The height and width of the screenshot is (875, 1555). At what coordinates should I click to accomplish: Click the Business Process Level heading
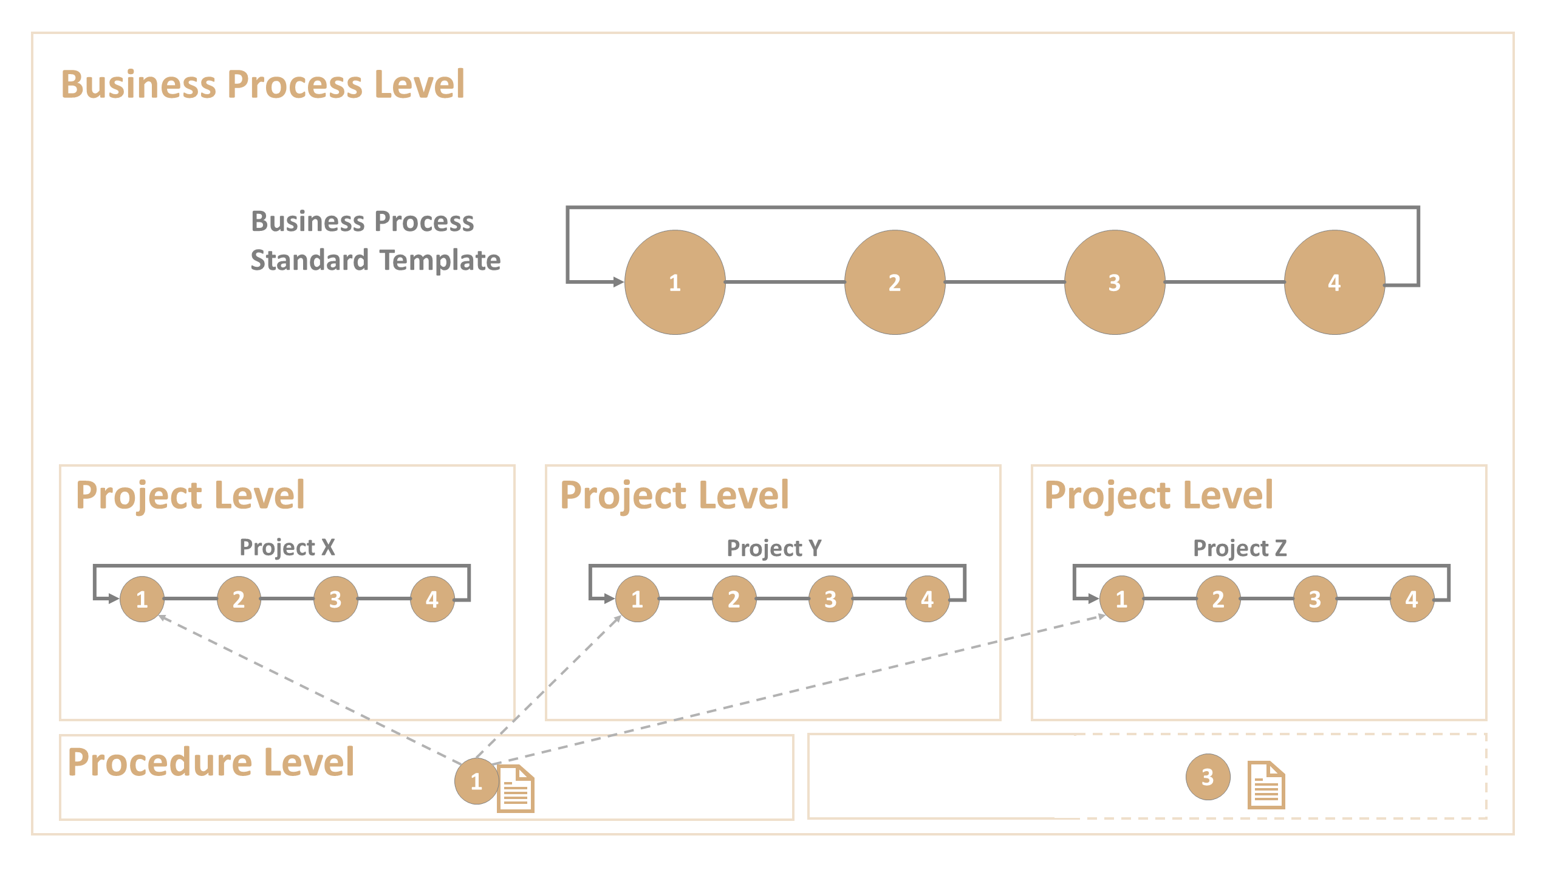click(263, 84)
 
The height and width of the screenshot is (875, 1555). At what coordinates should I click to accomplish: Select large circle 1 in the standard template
click(675, 283)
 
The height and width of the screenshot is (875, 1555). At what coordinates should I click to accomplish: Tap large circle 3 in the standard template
click(1115, 283)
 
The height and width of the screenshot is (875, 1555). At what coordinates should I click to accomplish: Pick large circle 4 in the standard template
click(1335, 283)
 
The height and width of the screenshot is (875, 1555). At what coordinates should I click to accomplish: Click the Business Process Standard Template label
click(375, 241)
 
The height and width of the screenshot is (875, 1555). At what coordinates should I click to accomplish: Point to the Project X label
click(287, 547)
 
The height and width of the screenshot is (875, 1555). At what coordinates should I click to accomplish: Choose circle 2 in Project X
click(239, 599)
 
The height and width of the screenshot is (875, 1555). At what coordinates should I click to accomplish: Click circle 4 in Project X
click(432, 599)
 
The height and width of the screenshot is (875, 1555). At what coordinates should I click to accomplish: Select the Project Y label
click(774, 548)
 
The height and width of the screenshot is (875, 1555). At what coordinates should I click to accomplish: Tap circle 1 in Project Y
click(637, 599)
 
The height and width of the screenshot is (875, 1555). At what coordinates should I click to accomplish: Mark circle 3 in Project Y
click(830, 599)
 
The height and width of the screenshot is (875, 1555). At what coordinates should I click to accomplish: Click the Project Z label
click(1240, 548)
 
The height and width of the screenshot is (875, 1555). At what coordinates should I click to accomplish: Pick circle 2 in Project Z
click(1218, 599)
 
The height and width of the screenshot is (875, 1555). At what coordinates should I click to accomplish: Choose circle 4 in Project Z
click(1412, 599)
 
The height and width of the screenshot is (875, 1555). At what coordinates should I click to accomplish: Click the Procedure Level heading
click(211, 762)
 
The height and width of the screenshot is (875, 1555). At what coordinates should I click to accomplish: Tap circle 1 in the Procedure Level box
click(476, 781)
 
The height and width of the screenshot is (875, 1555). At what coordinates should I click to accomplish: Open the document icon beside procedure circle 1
click(516, 789)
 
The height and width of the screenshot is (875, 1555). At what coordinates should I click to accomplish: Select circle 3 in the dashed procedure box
click(1208, 777)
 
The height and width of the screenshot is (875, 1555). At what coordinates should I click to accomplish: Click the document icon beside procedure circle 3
click(1266, 785)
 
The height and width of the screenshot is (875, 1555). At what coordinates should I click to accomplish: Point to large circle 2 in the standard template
click(895, 283)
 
